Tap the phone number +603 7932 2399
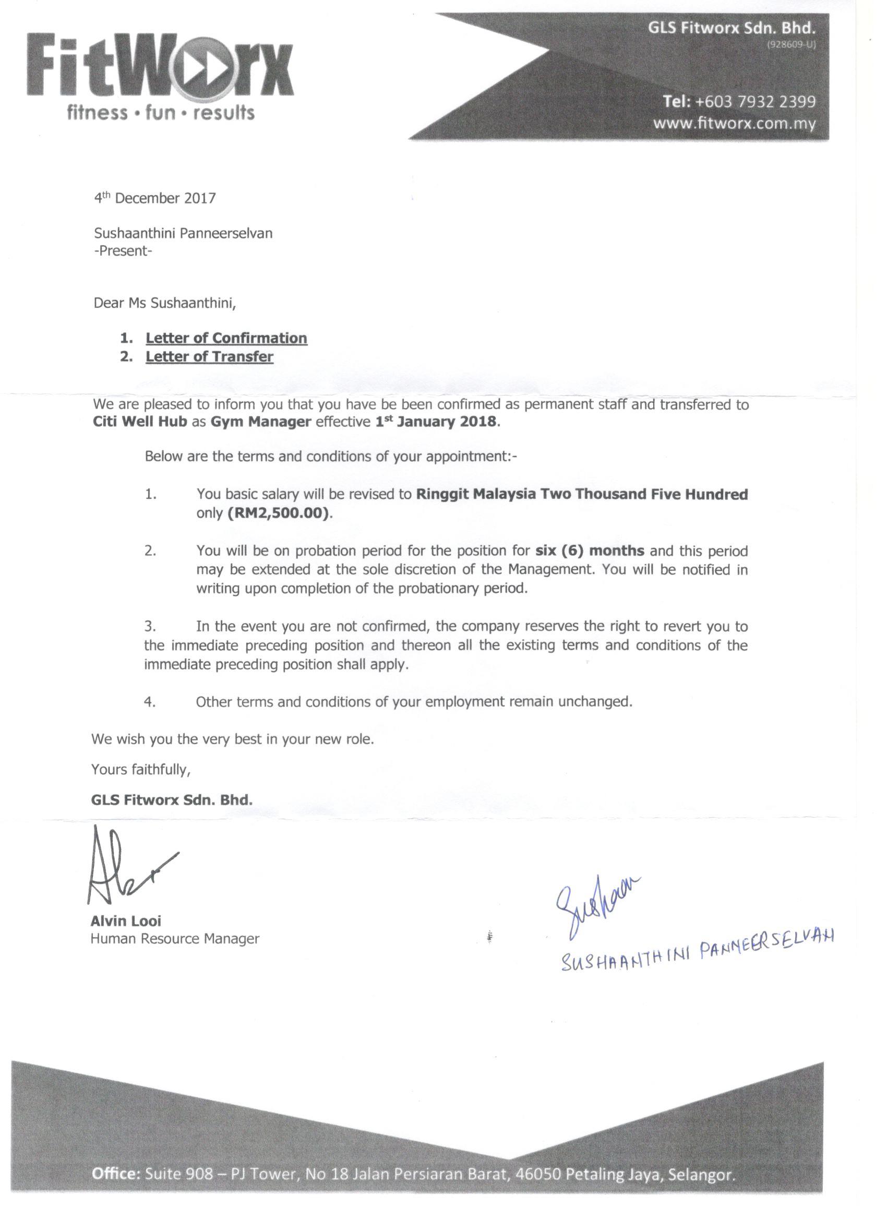coord(755,102)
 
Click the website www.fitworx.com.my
coord(734,124)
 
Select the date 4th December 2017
coord(155,198)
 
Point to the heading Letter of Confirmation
coord(226,338)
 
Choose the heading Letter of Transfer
coord(209,356)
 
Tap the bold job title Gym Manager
coord(260,422)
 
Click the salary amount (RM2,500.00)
coord(278,513)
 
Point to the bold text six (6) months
coord(590,551)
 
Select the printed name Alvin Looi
coord(126,921)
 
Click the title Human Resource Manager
coord(175,939)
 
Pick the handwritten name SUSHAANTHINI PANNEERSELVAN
coord(697,952)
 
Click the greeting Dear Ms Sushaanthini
coord(165,303)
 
